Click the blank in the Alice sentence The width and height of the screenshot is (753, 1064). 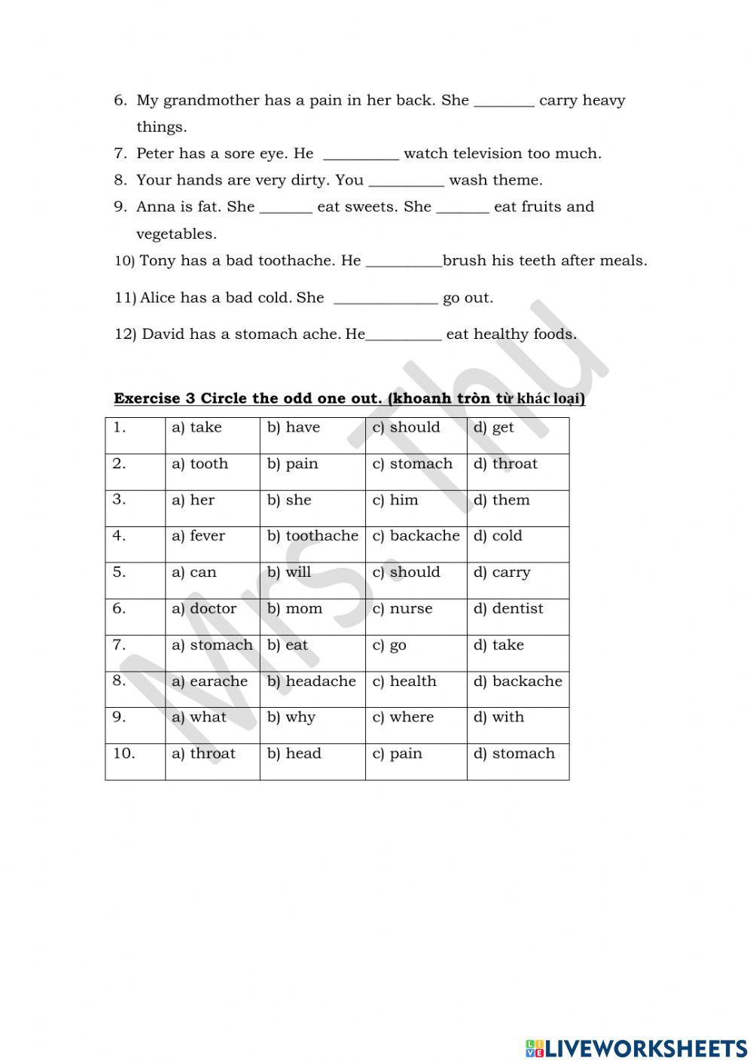tap(385, 299)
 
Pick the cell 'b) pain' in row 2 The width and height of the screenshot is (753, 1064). tap(293, 464)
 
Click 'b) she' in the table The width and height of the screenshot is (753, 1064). tap(289, 500)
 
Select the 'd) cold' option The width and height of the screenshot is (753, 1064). tap(498, 536)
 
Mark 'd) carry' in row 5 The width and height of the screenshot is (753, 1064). tap(502, 572)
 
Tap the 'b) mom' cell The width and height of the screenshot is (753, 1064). tap(294, 608)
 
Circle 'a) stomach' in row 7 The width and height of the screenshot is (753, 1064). tap(212, 645)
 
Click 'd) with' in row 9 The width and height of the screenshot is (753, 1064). tap(498, 718)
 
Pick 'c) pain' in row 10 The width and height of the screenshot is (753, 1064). tap(398, 754)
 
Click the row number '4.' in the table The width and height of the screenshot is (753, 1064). tap(119, 536)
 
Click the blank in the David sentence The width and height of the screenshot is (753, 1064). tap(404, 335)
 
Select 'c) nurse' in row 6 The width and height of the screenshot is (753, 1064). tap(403, 608)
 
